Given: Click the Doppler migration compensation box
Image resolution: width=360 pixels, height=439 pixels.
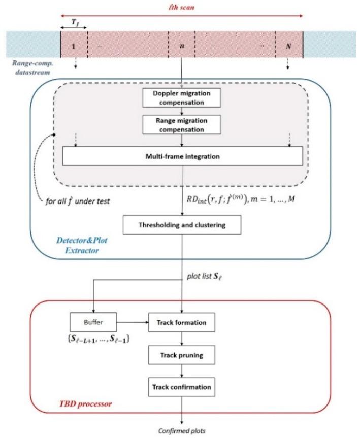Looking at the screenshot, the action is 182,98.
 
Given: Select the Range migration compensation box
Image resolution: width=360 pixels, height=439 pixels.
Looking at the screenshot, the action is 182,125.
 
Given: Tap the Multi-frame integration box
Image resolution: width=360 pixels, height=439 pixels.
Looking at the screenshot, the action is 183,156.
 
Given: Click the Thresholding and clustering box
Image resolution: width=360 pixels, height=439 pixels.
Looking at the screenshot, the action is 182,225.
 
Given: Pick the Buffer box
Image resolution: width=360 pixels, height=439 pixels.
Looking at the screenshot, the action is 93,322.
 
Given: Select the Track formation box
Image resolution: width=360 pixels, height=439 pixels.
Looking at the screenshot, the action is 182,322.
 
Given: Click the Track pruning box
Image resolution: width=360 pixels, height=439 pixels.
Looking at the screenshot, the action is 182,355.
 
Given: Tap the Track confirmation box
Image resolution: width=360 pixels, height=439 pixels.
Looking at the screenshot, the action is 182,387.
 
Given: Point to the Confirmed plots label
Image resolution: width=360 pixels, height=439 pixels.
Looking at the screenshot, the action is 182,431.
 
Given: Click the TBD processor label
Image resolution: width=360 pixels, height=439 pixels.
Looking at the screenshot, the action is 85,403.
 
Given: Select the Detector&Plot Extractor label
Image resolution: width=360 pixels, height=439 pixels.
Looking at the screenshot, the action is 82,245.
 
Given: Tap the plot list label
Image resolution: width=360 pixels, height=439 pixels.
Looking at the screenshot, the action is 205,276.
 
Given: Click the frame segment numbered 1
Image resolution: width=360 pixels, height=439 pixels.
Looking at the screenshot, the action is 74,45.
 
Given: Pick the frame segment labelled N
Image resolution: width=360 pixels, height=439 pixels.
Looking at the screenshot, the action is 289,45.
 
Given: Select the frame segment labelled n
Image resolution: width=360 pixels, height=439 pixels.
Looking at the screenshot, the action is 182,45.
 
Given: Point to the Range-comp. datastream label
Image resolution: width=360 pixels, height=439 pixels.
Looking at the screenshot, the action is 32,68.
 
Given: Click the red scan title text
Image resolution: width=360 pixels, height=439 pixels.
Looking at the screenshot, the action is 181,7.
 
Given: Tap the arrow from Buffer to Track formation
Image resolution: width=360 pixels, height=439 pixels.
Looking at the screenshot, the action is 133,322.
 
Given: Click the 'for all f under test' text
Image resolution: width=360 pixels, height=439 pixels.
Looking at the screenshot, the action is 78,201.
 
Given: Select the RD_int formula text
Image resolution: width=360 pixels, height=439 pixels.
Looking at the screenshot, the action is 241,199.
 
